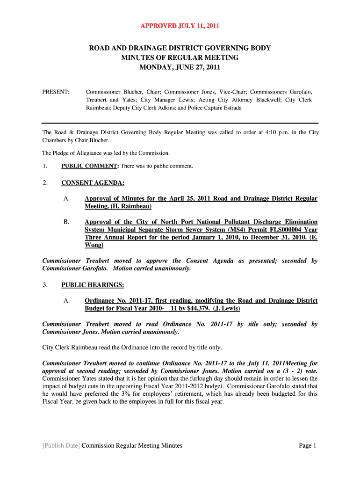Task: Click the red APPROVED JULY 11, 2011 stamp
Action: tap(180, 26)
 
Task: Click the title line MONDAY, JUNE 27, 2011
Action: tap(180, 67)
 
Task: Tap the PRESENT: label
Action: tap(56, 92)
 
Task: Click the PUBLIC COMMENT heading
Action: tap(89, 166)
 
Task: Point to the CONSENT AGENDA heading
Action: tap(93, 183)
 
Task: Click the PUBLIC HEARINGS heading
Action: tap(93, 284)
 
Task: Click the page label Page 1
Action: tap(308, 445)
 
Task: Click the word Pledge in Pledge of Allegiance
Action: tap(64, 153)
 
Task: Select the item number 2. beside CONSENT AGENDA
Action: tap(45, 183)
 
